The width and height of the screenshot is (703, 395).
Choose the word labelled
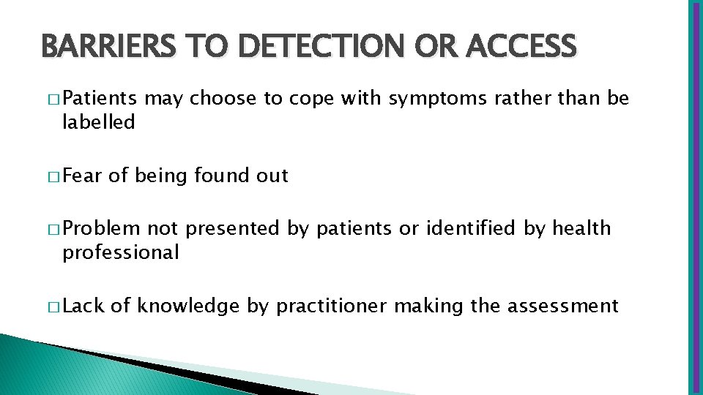(99, 122)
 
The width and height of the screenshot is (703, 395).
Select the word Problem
(102, 228)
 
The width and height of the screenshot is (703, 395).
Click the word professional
(121, 253)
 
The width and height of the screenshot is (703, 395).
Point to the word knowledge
(188, 306)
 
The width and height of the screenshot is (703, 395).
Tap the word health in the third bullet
(581, 228)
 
